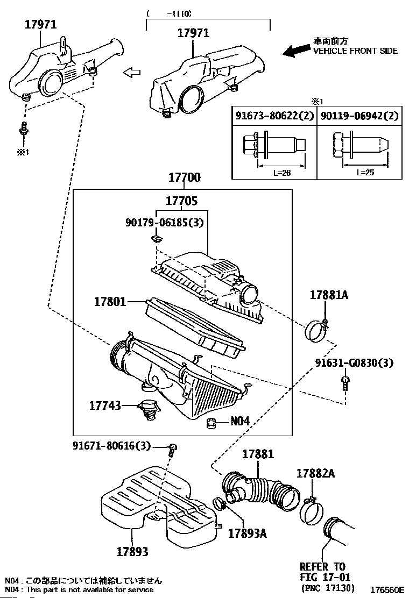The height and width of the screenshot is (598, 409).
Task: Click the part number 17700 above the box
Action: [184, 178]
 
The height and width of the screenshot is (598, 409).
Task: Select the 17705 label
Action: [182, 201]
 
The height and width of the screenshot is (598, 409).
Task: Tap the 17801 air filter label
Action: [108, 302]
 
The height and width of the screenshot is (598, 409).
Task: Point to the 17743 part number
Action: [105, 405]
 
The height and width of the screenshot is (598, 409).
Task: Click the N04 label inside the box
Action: [240, 422]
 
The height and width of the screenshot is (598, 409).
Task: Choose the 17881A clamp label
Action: [329, 295]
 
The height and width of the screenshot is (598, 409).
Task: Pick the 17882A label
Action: [315, 473]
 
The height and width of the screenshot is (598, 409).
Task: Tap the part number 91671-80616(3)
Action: [111, 445]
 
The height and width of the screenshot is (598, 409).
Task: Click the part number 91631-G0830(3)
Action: [354, 364]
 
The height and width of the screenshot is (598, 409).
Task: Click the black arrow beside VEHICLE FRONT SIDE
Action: [295, 51]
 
